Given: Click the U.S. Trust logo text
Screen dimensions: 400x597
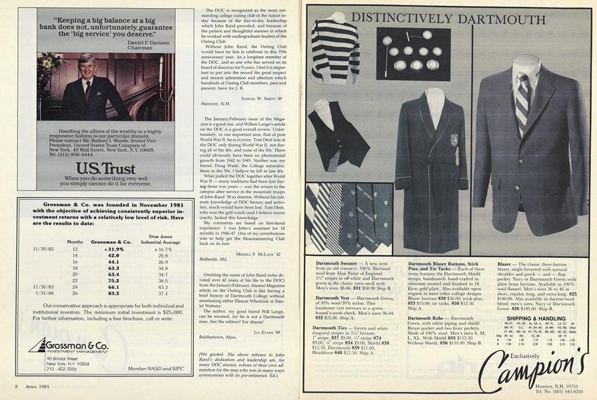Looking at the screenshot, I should pyautogui.click(x=97, y=167).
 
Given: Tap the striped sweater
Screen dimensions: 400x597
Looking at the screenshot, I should pyautogui.click(x=334, y=52).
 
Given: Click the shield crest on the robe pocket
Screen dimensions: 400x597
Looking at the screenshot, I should pyautogui.click(x=455, y=140).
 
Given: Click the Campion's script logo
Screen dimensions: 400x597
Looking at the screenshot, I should pyautogui.click(x=532, y=364).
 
